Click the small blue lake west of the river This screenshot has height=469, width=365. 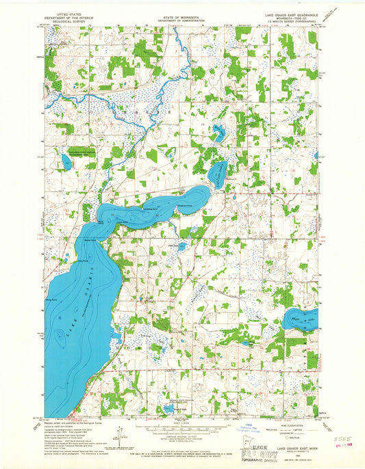pos(66,162)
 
